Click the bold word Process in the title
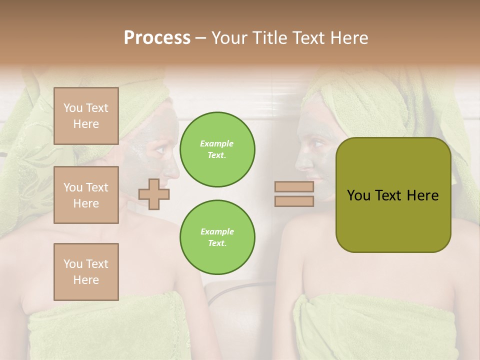point(157,37)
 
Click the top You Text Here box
point(86,116)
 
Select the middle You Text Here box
point(86,195)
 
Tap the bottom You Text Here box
point(86,272)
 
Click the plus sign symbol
point(154,194)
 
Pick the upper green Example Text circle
point(217,149)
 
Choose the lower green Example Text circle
point(217,237)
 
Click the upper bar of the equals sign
point(294,186)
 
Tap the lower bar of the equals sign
point(294,201)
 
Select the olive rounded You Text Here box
point(393,195)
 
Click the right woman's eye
point(316,145)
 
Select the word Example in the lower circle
point(217,231)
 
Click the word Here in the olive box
point(422,195)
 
